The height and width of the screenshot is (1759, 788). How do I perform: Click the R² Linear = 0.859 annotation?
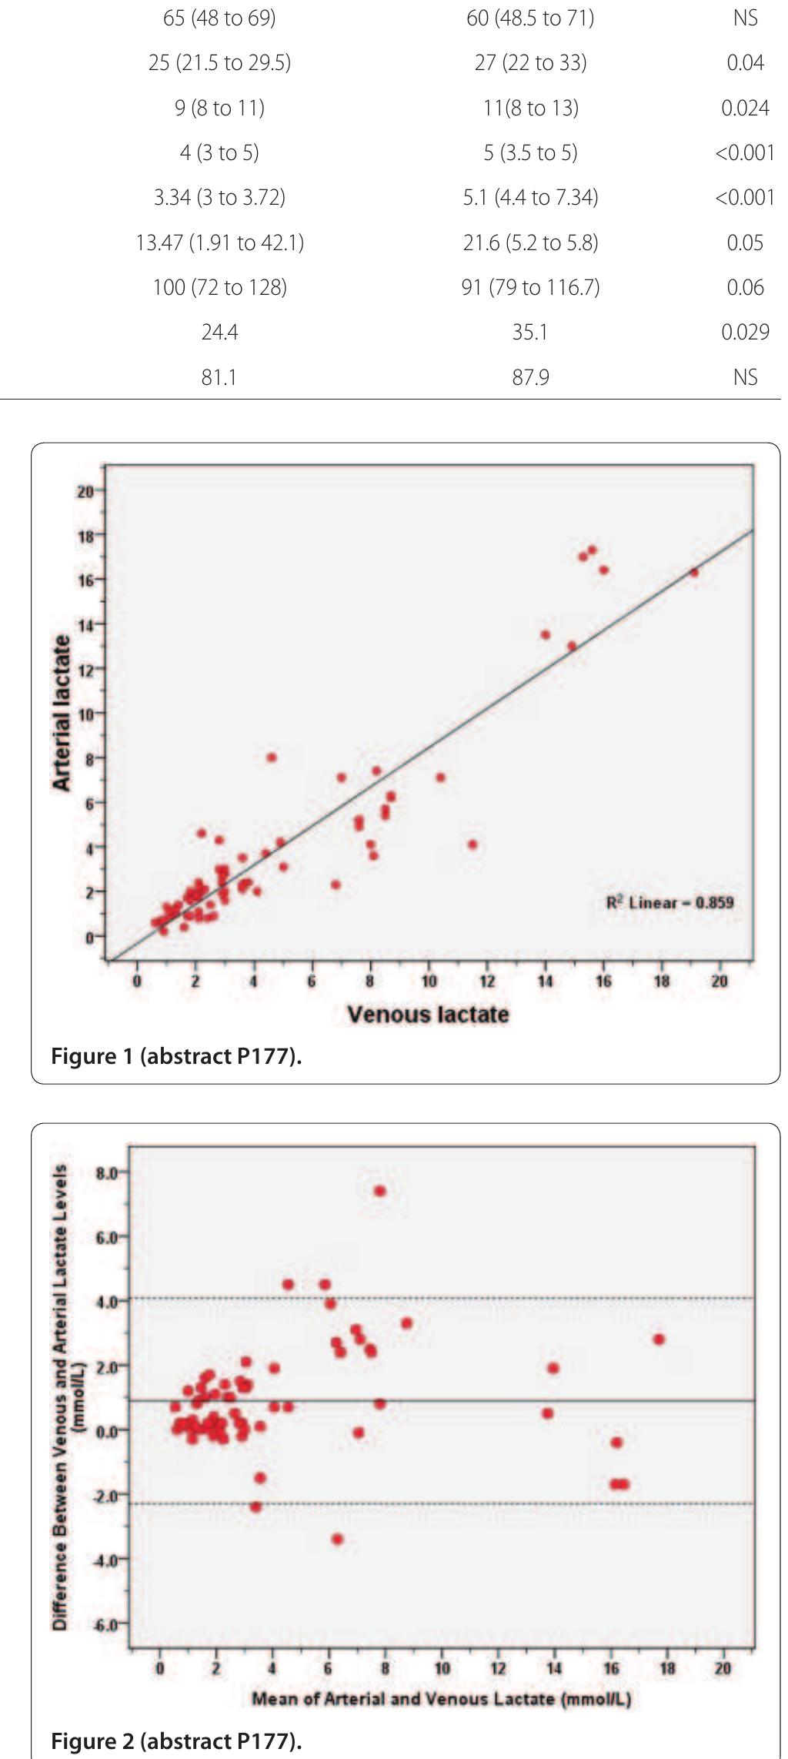click(669, 902)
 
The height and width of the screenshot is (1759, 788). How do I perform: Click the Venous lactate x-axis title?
click(428, 1014)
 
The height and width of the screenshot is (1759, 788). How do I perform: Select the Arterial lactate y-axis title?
click(62, 713)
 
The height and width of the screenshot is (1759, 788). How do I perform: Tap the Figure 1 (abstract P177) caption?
click(176, 1056)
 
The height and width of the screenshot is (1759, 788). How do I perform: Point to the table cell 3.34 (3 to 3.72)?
click(219, 198)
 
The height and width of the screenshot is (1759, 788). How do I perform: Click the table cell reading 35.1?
click(530, 332)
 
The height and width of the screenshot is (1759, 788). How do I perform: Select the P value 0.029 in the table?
click(745, 332)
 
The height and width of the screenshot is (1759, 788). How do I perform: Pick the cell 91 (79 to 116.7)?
click(530, 287)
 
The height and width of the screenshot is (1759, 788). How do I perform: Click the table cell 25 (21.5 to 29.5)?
click(219, 62)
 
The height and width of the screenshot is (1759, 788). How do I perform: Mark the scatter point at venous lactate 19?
click(693, 572)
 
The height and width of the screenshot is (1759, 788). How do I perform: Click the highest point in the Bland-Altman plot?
click(379, 1191)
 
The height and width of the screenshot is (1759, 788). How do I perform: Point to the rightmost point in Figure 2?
click(658, 1339)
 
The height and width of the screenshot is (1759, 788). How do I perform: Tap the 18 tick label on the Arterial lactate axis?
click(85, 534)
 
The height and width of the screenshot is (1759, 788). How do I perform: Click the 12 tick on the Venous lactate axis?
click(487, 981)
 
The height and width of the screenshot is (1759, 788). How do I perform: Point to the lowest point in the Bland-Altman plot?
click(337, 1539)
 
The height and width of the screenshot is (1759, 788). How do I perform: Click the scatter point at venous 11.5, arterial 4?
click(472, 844)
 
